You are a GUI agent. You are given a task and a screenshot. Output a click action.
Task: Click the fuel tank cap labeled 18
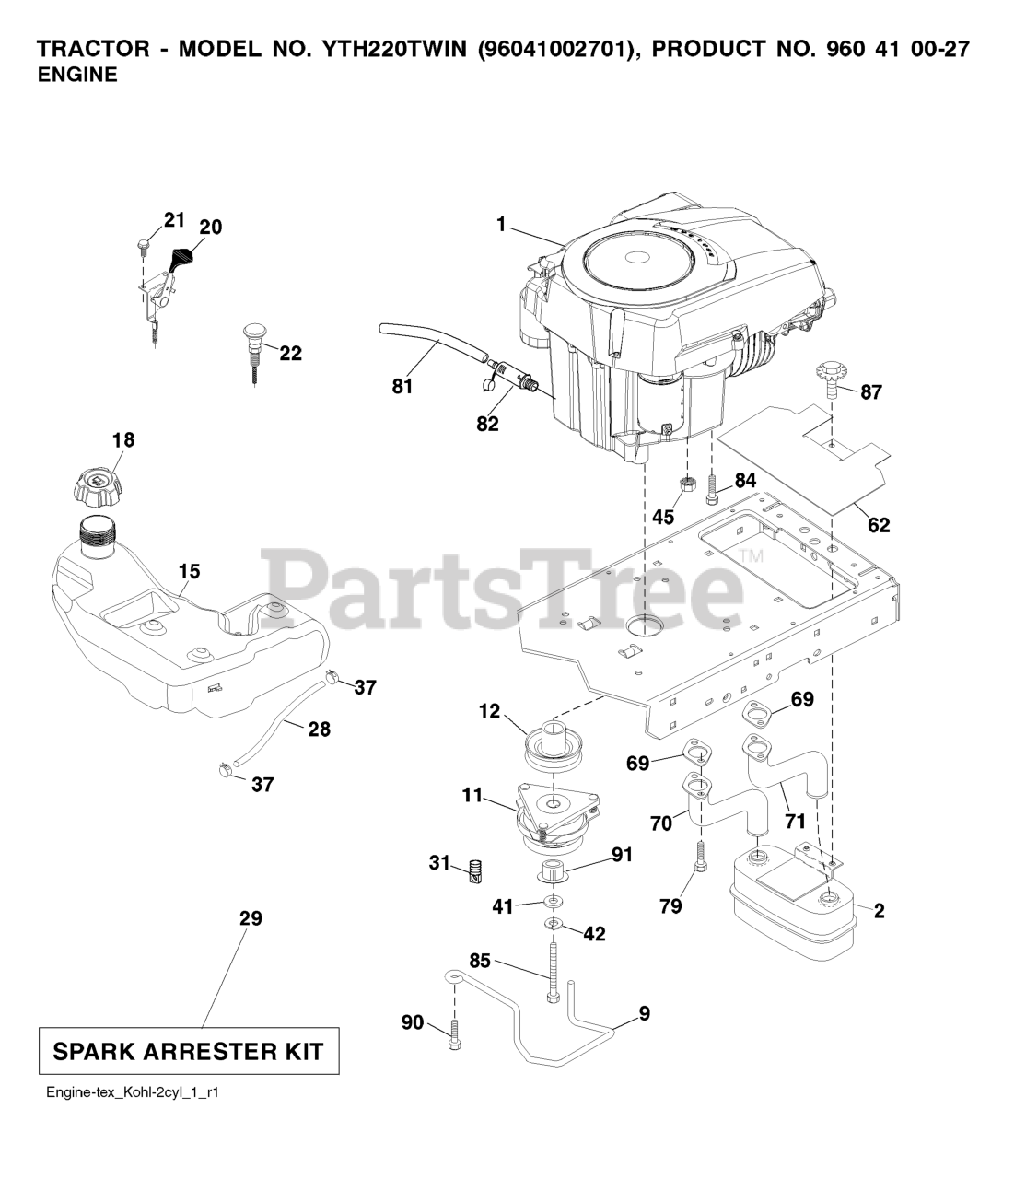click(x=97, y=484)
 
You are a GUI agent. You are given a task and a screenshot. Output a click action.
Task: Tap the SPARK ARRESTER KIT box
click(x=189, y=1051)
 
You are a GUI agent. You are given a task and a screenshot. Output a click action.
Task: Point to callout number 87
click(x=870, y=392)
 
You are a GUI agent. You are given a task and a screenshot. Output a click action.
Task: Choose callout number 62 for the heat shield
click(x=879, y=525)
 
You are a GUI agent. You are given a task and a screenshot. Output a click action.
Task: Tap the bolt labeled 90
click(x=453, y=1039)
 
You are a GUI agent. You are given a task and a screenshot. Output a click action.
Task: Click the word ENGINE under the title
click(x=77, y=76)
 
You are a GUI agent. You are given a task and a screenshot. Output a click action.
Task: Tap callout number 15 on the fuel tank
click(x=189, y=571)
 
